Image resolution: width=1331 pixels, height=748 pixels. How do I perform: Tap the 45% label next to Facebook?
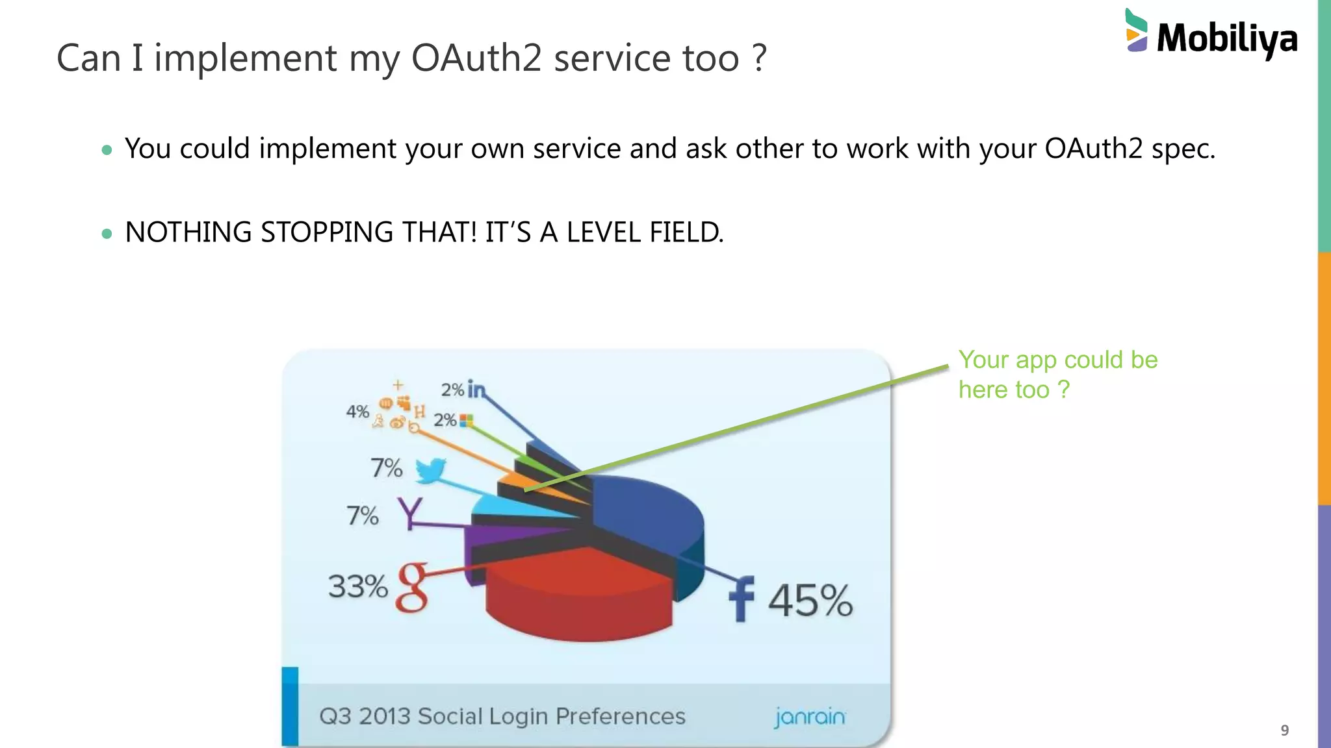(810, 600)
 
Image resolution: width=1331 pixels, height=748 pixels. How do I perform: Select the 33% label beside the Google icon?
(357, 586)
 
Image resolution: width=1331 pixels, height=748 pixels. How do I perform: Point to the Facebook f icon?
(742, 599)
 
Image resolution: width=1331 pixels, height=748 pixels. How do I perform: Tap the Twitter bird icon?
(430, 469)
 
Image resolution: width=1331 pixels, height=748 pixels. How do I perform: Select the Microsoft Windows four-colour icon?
(466, 420)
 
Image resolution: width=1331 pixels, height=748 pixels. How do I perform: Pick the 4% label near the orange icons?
(357, 412)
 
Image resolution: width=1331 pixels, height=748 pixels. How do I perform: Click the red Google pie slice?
(578, 597)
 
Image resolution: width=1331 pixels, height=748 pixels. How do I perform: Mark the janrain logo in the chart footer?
(810, 717)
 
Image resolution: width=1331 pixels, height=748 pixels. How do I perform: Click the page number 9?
(1284, 730)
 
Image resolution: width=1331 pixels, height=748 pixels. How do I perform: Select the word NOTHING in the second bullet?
(188, 232)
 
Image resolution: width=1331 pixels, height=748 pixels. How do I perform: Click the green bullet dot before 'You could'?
(107, 151)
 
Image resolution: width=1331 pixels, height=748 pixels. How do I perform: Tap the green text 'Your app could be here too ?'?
(1057, 375)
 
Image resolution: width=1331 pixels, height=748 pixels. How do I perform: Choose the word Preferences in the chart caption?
(620, 716)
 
